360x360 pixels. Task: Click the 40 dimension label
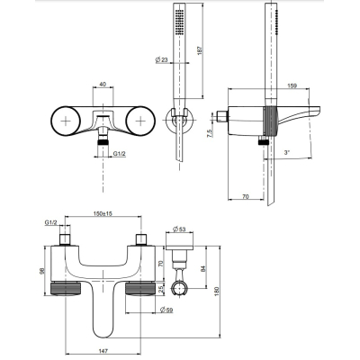[x=103, y=85]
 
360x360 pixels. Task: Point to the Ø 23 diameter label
[x=161, y=59]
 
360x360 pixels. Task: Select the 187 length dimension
[x=200, y=49]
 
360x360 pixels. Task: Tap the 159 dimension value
[x=292, y=85]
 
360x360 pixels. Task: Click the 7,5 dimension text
[x=210, y=133]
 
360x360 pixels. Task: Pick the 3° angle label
[x=287, y=152]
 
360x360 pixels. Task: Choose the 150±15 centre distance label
[x=103, y=213]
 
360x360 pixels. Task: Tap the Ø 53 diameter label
[x=179, y=229]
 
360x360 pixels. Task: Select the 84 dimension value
[x=203, y=269]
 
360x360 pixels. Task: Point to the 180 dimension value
[x=217, y=292]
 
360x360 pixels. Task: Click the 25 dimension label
[x=161, y=289]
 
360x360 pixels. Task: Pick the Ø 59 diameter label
[x=166, y=310]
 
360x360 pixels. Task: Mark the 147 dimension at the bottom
[x=103, y=350]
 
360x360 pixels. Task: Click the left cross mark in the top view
[x=66, y=121]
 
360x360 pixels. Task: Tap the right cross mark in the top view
[x=140, y=121]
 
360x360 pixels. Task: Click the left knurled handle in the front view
[x=66, y=289]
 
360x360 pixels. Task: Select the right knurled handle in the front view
[x=140, y=289]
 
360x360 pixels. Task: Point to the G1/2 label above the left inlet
[x=50, y=222]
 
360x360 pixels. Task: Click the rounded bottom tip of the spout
[x=103, y=336]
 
